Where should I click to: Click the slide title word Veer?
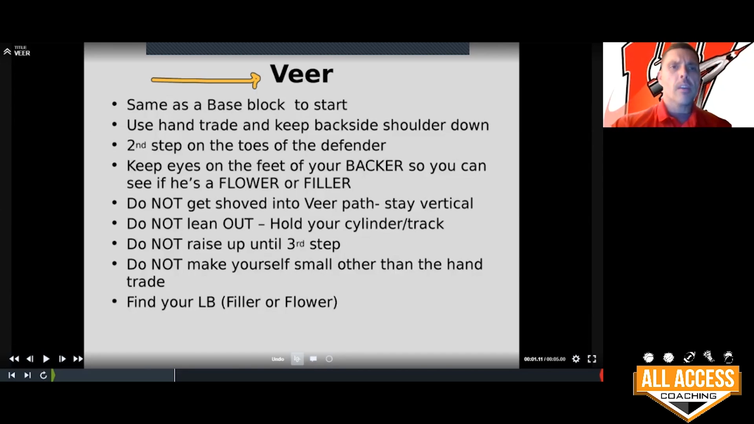302,74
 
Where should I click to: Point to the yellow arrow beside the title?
206,80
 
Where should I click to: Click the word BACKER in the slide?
374,166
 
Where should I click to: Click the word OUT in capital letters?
238,224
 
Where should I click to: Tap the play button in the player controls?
46,359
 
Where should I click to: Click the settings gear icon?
576,359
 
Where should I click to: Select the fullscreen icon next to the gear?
592,359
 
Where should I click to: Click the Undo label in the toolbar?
278,359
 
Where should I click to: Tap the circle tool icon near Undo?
329,359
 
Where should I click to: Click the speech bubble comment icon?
313,359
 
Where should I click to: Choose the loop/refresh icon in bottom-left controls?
44,375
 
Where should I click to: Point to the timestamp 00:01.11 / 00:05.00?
545,359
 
